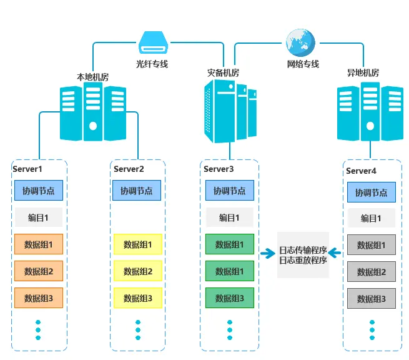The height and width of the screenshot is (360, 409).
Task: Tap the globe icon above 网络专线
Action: [298, 42]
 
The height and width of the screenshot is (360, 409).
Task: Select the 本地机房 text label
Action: [92, 77]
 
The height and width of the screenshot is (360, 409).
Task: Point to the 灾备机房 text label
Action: [223, 72]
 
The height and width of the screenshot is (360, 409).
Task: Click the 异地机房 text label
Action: [363, 73]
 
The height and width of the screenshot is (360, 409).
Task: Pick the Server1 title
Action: [27, 169]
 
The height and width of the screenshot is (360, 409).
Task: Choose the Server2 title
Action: [129, 169]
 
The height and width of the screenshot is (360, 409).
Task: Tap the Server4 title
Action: [362, 171]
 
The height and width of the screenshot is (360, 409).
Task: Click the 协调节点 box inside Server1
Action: [38, 191]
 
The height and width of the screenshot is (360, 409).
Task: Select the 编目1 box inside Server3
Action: [230, 217]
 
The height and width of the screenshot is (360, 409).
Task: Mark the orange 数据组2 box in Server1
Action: [38, 271]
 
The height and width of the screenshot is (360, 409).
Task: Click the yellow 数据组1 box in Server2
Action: [138, 244]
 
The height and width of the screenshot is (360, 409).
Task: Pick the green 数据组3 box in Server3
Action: [230, 298]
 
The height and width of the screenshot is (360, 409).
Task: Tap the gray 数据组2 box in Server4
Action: [372, 272]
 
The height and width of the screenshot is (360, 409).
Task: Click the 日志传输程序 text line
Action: [303, 248]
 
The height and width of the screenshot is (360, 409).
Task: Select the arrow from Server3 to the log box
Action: [268, 253]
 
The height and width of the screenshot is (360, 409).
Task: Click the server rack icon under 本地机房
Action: [92, 113]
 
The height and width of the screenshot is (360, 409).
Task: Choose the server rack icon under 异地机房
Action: [369, 112]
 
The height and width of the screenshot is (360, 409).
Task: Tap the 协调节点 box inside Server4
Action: [372, 192]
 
